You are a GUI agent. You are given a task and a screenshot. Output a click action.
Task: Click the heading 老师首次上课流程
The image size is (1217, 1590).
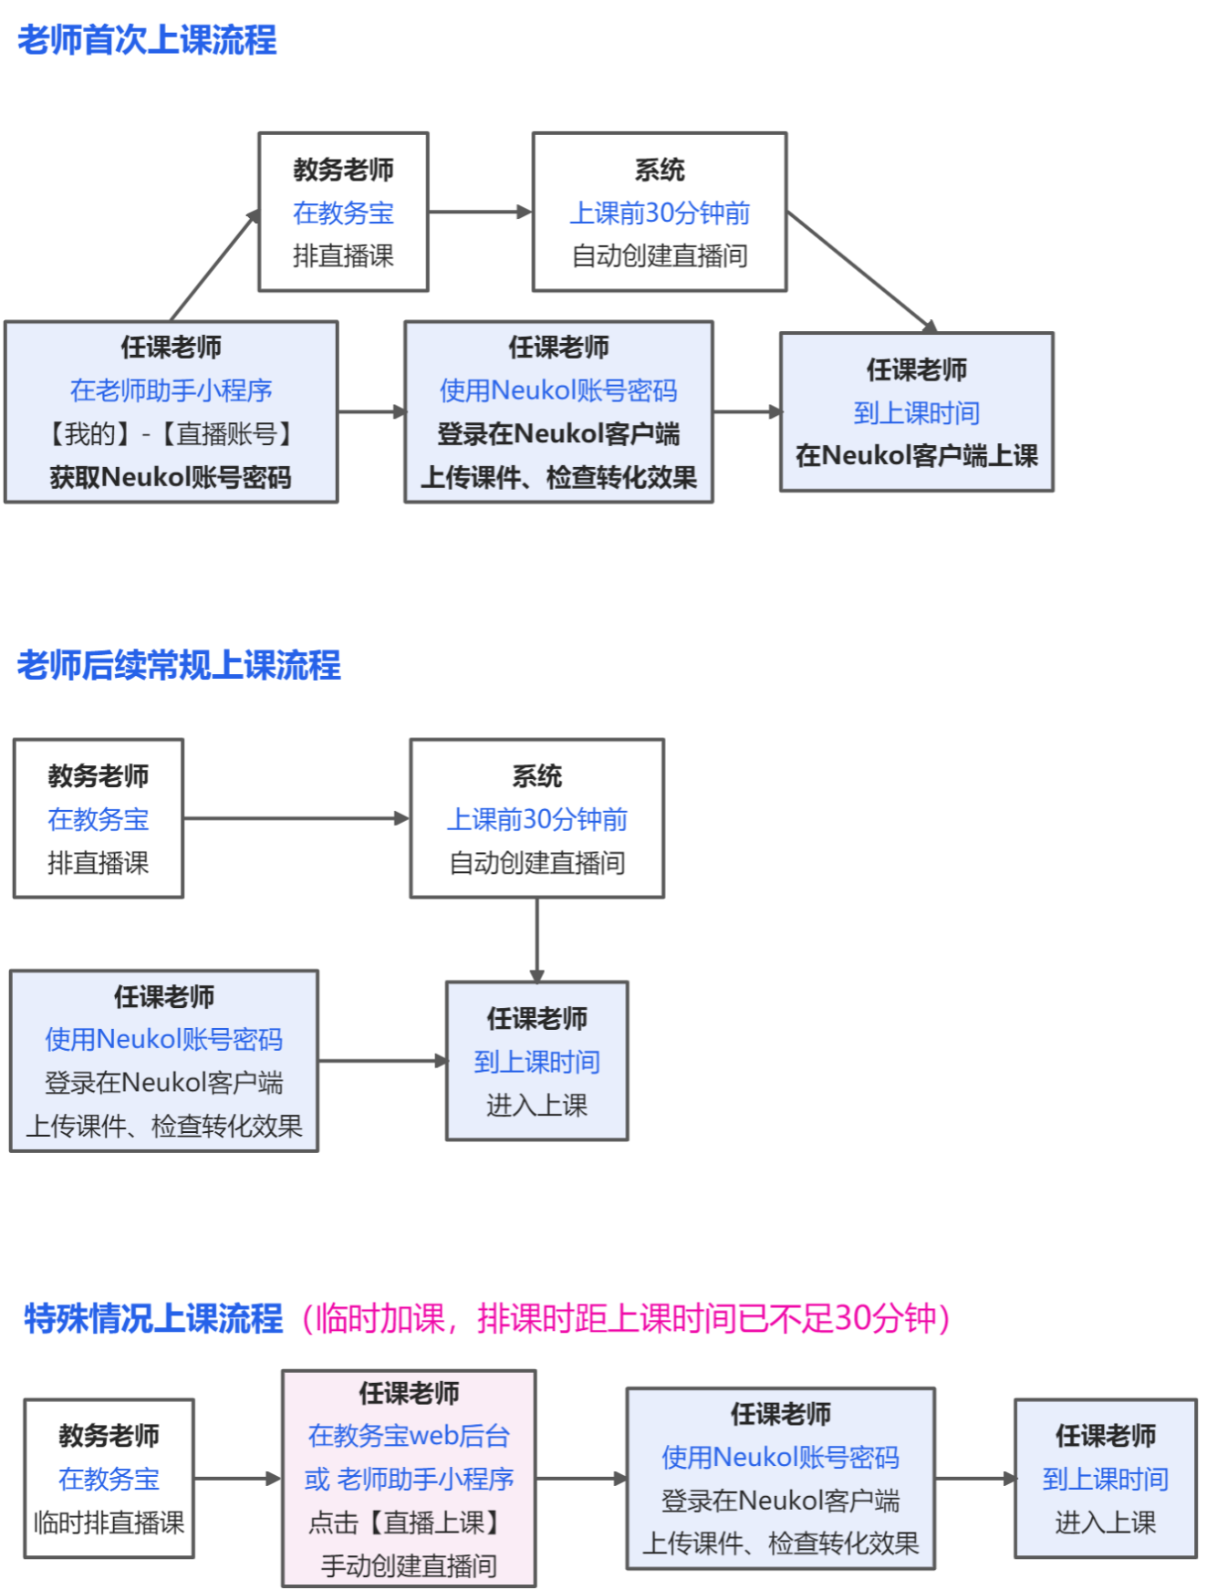pos(147,40)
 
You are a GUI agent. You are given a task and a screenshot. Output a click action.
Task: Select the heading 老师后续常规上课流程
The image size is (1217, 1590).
pos(179,665)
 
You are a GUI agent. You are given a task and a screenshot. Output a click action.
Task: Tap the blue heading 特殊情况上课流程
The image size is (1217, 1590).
pos(153,1318)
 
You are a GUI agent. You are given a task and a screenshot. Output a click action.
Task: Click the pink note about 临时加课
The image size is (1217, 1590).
pos(625,1318)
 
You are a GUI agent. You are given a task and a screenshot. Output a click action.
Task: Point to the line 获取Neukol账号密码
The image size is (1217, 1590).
pos(171,477)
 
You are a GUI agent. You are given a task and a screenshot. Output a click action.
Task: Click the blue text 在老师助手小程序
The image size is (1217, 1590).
pos(171,390)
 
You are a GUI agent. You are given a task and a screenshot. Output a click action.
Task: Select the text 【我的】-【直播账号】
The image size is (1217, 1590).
pos(171,433)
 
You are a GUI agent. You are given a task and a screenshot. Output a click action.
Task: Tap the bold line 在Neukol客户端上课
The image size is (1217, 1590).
pos(916,455)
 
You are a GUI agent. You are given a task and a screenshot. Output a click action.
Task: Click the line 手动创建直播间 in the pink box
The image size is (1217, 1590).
pos(409,1565)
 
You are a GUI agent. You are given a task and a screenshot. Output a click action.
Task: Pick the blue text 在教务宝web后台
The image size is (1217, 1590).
pos(409,1436)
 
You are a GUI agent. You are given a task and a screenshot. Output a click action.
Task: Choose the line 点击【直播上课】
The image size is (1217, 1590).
pos(409,1522)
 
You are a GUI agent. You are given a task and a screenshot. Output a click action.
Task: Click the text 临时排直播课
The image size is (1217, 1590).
pos(109,1522)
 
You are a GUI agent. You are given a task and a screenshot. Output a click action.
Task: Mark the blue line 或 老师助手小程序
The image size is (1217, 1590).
pos(409,1479)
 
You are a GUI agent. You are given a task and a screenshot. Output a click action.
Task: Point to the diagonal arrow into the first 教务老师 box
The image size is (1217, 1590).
pos(215,265)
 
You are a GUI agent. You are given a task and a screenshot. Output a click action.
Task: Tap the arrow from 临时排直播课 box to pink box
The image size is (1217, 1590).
pos(237,1479)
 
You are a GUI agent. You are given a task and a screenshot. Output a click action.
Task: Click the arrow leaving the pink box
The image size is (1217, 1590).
pos(581,1479)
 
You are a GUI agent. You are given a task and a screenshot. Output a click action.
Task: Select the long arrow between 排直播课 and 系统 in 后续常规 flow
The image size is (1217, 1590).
pos(296,818)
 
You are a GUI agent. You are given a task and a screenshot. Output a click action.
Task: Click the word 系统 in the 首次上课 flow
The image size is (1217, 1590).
pos(660,170)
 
